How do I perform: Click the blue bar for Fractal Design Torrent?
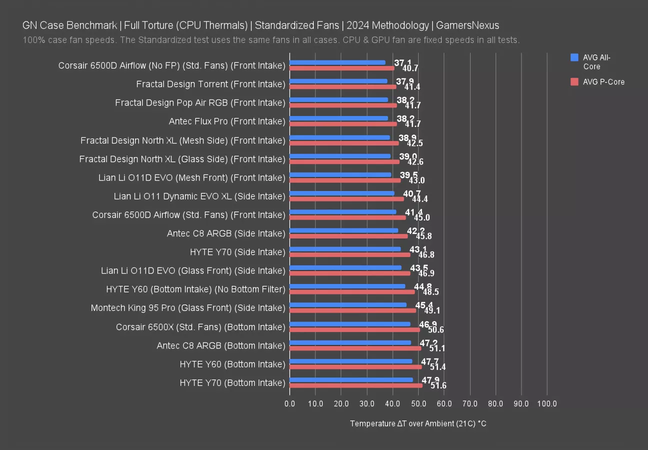[x=338, y=81]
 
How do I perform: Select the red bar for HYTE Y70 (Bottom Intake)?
[x=356, y=385]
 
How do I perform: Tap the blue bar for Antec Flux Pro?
[x=339, y=118]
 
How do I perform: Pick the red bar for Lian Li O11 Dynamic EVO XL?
[x=347, y=199]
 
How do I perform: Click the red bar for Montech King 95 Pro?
[x=353, y=310]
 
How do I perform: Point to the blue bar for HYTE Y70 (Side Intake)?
[x=345, y=249]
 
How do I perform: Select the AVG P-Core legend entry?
[x=603, y=82]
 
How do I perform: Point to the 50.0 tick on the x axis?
[x=418, y=403]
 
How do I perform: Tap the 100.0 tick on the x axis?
[x=547, y=403]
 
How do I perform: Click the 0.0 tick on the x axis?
[x=290, y=403]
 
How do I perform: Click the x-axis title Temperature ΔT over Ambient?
[x=418, y=423]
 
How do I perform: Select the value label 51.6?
[x=439, y=385]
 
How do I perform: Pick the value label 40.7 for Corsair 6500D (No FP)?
[x=410, y=68]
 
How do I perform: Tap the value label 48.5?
[x=431, y=292]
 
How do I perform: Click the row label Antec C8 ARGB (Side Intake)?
[x=226, y=233]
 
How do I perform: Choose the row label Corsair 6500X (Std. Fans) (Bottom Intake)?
[x=200, y=327]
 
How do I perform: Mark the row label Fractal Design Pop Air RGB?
[x=200, y=102]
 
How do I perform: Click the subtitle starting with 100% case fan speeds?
[x=271, y=40]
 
